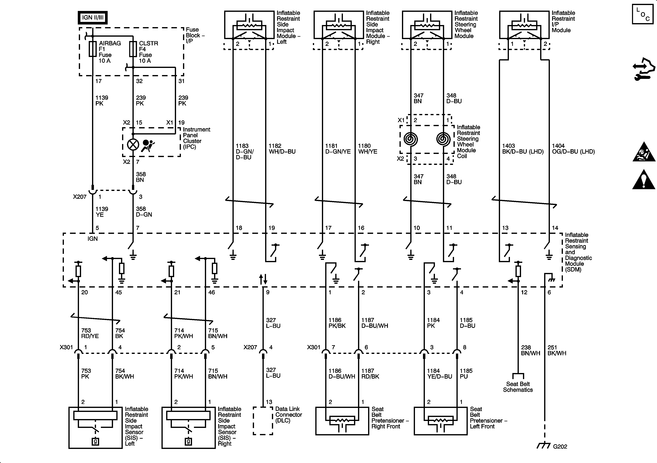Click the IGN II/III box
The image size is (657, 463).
pyautogui.click(x=92, y=18)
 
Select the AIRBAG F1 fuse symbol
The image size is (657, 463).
pyautogui.click(x=92, y=49)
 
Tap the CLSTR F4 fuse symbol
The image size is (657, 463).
pyautogui.click(x=133, y=49)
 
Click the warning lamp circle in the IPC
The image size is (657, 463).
pyautogui.click(x=133, y=145)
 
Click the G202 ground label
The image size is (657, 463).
pyautogui.click(x=560, y=446)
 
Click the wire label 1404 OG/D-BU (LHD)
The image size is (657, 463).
pyautogui.click(x=573, y=149)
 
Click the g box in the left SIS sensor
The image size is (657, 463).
pyautogui.click(x=95, y=441)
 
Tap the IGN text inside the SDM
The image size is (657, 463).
pyautogui.click(x=92, y=239)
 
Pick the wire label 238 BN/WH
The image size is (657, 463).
pyautogui.click(x=530, y=350)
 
